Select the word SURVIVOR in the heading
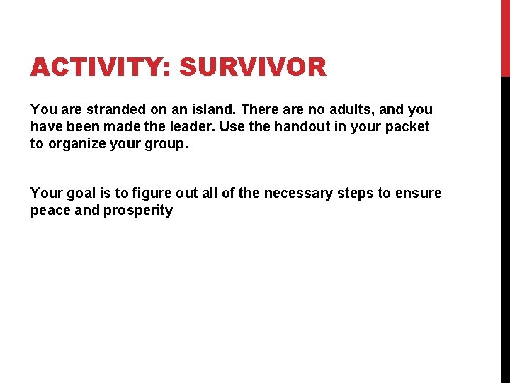(253, 68)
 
